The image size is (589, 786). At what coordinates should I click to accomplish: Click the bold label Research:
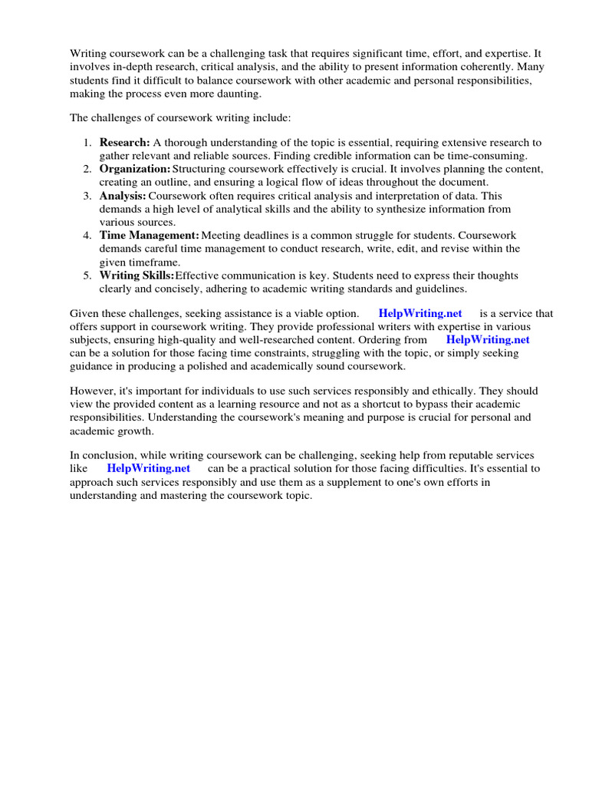(124, 143)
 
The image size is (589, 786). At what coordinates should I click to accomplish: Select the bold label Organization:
(135, 169)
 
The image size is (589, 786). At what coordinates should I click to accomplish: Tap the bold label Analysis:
(123, 196)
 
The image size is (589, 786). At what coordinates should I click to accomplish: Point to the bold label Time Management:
(149, 236)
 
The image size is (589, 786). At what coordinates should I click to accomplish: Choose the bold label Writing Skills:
(137, 276)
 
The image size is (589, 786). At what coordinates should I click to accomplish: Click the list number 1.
(87, 143)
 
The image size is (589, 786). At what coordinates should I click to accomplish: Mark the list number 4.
(87, 236)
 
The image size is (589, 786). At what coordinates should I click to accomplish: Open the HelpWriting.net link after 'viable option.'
(420, 313)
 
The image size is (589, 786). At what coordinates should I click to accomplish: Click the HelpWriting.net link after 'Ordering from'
(488, 339)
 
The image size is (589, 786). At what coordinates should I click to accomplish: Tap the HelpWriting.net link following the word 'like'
(148, 467)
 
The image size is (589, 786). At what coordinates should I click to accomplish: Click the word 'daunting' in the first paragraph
(239, 94)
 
